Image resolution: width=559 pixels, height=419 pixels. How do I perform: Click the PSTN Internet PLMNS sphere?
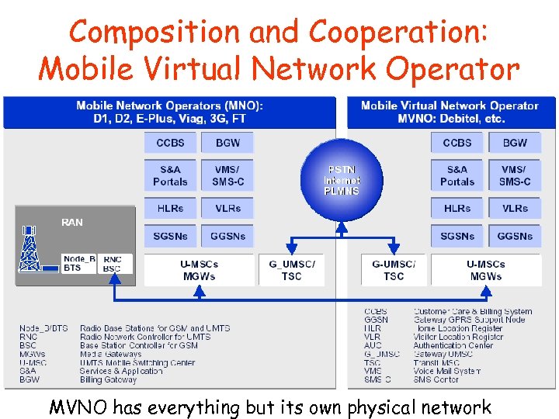[342, 179]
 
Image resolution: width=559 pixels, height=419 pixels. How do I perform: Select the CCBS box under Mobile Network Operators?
[170, 143]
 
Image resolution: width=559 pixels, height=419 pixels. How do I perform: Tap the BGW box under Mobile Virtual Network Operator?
[515, 143]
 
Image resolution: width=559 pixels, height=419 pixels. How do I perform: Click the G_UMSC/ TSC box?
[291, 270]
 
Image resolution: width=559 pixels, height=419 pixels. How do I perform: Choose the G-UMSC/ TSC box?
[394, 270]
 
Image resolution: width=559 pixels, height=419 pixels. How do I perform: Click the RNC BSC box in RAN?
[113, 264]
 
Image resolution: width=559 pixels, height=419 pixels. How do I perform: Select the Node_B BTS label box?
[79, 264]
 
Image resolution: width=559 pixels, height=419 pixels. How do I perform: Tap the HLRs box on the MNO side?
[170, 208]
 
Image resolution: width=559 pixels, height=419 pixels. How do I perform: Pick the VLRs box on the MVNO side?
[515, 208]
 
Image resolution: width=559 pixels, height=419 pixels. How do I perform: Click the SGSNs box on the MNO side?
[170, 236]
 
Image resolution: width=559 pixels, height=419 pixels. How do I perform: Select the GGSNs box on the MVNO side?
[515, 236]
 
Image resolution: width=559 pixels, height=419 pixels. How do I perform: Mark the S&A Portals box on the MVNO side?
[457, 175]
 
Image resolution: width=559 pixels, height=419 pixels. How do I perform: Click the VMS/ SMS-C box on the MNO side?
[227, 175]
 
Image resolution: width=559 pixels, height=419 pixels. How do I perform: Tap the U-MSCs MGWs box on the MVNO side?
[486, 270]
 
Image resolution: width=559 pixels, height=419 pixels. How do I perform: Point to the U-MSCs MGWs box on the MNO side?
[200, 270]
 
